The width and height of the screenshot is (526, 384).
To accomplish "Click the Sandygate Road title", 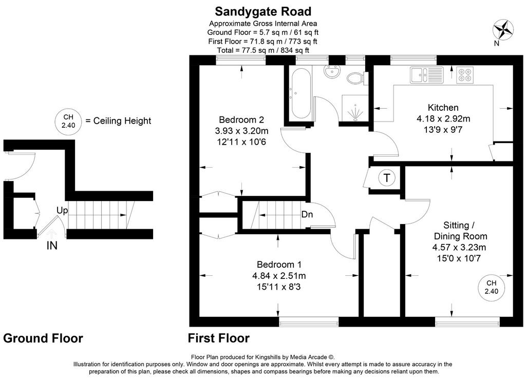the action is [x=263, y=11].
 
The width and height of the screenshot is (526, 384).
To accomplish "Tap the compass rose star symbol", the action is [x=503, y=29].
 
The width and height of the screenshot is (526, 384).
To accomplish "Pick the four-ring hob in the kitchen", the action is [x=464, y=75].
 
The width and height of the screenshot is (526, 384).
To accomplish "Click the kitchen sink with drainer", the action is [x=427, y=75].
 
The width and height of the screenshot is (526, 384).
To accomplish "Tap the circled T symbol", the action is [x=387, y=178].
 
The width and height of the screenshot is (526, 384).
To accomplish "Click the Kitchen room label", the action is [x=443, y=108].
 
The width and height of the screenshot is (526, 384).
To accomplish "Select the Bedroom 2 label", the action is [x=241, y=119].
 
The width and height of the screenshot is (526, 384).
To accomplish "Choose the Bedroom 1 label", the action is [x=279, y=265].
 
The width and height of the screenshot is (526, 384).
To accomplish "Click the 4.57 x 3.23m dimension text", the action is [x=459, y=248].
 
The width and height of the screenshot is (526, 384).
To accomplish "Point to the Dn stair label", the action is [x=307, y=214].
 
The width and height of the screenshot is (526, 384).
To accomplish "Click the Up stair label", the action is [x=62, y=211].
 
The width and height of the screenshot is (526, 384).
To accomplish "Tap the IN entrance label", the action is [x=52, y=246].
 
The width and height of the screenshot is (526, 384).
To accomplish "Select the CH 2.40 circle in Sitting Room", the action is [x=492, y=287].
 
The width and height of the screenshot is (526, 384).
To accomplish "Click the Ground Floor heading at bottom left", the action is [x=43, y=338].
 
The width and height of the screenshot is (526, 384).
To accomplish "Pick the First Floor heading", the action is [x=219, y=338].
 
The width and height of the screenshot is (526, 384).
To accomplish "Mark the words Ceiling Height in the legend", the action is [x=122, y=121].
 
